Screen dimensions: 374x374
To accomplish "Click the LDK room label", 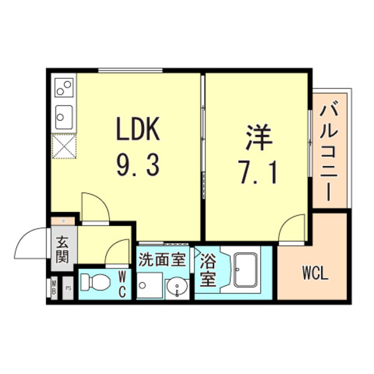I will click(138, 130).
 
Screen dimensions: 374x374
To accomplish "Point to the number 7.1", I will click(257, 173).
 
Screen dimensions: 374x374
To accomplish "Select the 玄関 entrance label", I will click(63, 248).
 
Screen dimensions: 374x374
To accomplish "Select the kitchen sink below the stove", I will click(64, 117).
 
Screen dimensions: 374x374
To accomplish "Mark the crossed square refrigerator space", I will click(63, 146).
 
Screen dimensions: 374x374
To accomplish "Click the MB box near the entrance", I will click(53, 288).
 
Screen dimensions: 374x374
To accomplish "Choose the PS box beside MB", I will click(68, 288).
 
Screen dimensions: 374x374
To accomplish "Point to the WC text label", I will click(123, 283).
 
